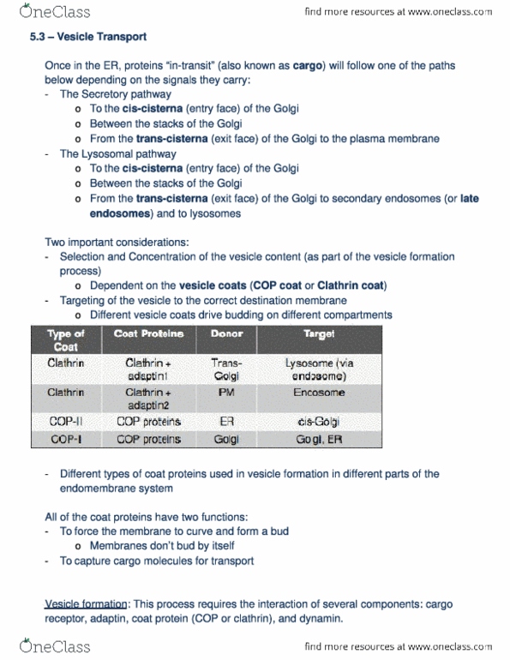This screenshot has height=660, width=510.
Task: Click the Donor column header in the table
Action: click(226, 333)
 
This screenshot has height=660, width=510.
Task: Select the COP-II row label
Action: click(66, 422)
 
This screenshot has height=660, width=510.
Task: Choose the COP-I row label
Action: click(66, 439)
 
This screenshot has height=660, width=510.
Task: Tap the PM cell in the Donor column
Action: click(226, 392)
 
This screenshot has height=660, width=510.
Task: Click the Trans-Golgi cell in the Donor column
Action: click(226, 369)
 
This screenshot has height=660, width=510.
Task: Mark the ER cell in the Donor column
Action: click(226, 422)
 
